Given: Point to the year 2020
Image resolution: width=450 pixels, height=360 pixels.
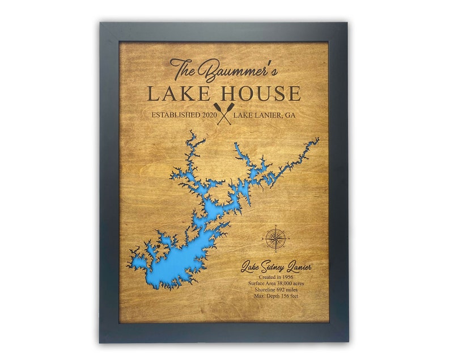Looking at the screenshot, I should [x=205, y=115].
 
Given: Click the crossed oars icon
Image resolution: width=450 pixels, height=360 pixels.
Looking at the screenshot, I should [x=224, y=113].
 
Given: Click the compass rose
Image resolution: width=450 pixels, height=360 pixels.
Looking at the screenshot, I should [x=275, y=238].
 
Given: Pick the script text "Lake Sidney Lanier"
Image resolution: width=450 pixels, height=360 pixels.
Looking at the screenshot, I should [x=276, y=267].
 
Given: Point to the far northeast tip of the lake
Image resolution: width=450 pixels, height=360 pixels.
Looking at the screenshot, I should [x=317, y=139].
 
